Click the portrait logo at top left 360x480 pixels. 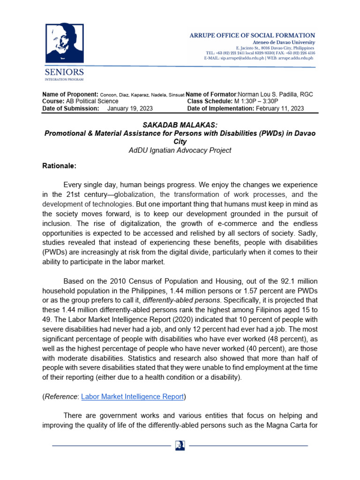click(x=64, y=44)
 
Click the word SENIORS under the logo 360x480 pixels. click(x=64, y=72)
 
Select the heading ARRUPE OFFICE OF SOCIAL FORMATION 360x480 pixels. click(x=252, y=36)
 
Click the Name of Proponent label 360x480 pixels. click(x=70, y=94)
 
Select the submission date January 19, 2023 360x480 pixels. click(x=130, y=108)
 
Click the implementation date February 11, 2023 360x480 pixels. click(x=280, y=108)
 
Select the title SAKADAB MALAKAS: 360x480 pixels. click(x=180, y=125)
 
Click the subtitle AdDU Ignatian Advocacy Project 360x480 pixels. click(x=180, y=150)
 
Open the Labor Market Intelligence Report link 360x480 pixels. click(x=132, y=396)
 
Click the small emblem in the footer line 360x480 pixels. click(x=180, y=445)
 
